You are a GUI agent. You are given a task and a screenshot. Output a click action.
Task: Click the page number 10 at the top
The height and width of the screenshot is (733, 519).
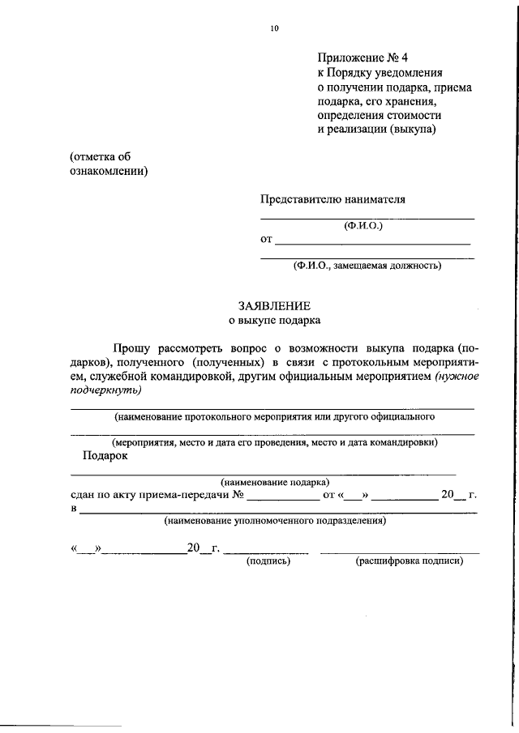point(274,29)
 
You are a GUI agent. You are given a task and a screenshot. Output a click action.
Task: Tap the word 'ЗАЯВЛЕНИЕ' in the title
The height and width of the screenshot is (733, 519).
point(274,305)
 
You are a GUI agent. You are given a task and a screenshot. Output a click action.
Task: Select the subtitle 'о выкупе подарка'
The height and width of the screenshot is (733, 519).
point(274,320)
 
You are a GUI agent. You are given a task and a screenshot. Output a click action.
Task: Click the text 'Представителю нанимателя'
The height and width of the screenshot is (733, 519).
point(332,199)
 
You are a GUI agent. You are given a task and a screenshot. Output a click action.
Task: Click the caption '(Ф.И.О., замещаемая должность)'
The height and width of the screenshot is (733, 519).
point(367,265)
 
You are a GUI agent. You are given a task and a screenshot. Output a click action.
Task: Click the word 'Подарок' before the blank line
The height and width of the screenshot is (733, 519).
point(105,456)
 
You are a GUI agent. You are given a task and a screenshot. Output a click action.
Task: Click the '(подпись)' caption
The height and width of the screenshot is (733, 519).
point(268,560)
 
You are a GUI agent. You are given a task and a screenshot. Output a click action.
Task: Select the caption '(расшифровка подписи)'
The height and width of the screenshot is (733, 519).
point(409,560)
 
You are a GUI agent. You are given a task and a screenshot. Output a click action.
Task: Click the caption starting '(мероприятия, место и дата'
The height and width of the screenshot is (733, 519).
point(275,442)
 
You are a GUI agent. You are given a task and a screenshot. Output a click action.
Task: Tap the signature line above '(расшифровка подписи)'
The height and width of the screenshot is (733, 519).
point(399,552)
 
